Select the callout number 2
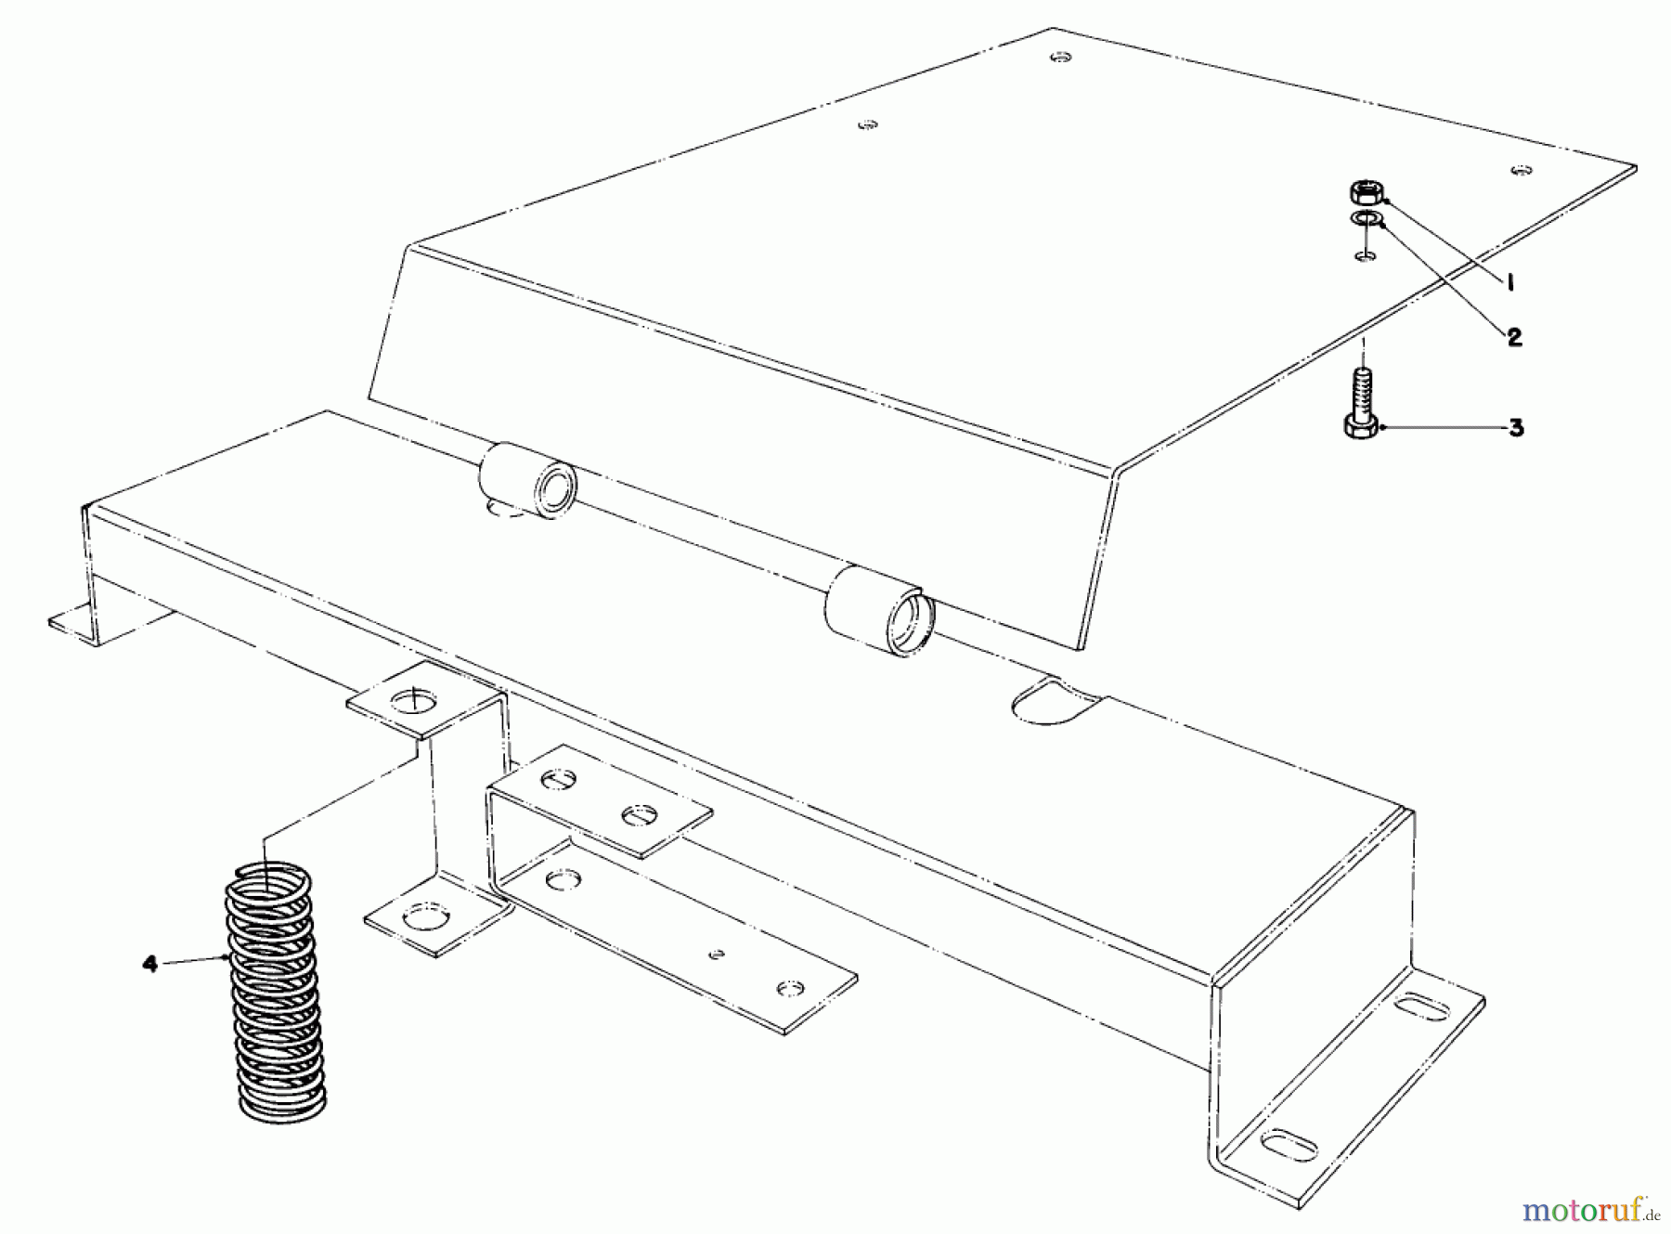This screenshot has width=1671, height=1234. (x=1514, y=337)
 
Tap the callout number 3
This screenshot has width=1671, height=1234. (x=1515, y=428)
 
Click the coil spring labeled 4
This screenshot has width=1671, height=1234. (x=271, y=989)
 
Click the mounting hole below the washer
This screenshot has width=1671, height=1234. (x=1365, y=255)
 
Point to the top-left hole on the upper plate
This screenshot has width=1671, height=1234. (x=867, y=123)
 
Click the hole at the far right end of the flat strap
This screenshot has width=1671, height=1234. (x=790, y=987)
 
